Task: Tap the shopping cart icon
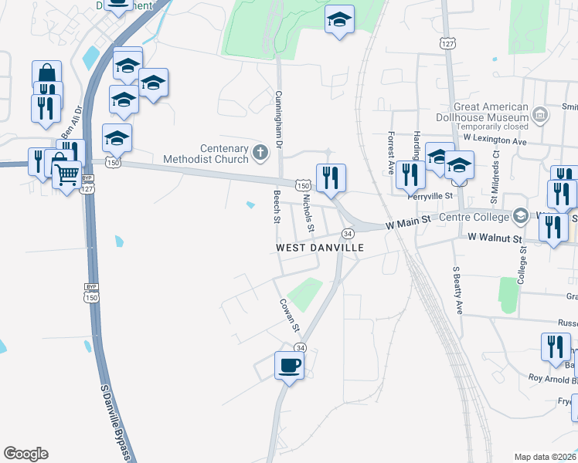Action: [67, 174]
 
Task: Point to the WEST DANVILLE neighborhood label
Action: [319, 248]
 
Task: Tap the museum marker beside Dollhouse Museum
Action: [540, 117]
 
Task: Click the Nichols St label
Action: [308, 213]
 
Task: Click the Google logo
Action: [25, 454]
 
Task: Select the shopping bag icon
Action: [47, 75]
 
